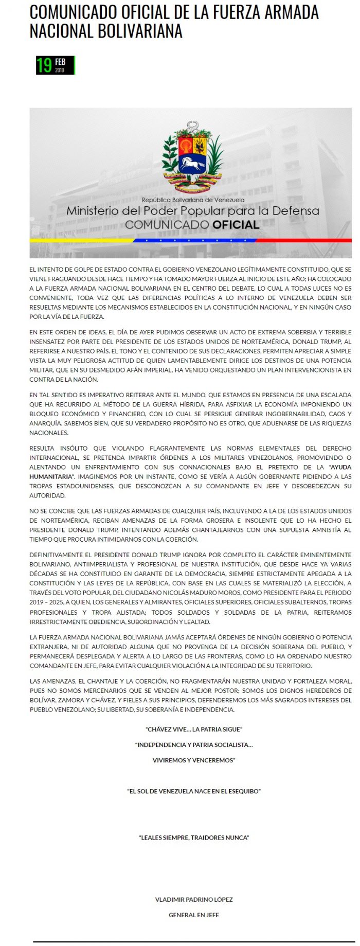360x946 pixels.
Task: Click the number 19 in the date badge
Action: (x=44, y=65)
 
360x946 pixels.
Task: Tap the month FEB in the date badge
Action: (x=60, y=62)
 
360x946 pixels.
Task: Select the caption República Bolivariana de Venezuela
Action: (x=193, y=200)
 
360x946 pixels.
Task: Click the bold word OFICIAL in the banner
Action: (x=236, y=225)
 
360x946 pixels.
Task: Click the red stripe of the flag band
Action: (x=303, y=240)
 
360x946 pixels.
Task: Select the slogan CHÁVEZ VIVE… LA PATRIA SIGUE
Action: (x=194, y=729)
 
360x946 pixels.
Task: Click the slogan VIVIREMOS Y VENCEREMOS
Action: (x=194, y=760)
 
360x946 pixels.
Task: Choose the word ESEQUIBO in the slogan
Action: (x=244, y=791)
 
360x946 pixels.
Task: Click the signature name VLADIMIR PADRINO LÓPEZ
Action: (x=194, y=900)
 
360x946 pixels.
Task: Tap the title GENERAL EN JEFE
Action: (x=194, y=915)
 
